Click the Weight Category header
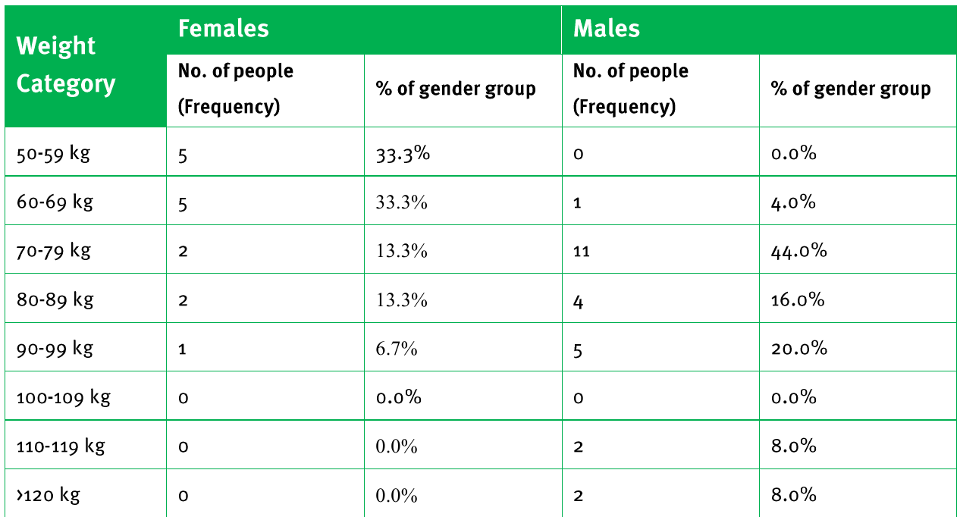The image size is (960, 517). (x=65, y=65)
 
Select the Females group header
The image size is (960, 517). (x=223, y=29)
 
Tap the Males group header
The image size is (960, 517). (x=607, y=29)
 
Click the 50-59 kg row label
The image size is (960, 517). (x=53, y=154)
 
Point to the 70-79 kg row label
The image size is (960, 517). (x=54, y=251)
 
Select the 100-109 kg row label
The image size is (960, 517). (x=64, y=397)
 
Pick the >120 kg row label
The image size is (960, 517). (x=48, y=495)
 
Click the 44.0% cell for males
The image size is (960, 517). (x=798, y=251)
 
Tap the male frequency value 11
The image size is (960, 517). (x=581, y=252)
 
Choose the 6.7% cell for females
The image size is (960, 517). (x=397, y=349)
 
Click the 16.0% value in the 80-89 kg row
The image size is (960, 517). (x=798, y=300)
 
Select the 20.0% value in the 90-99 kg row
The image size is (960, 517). (x=798, y=349)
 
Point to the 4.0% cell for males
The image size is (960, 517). (x=793, y=202)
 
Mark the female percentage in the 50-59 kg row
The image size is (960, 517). (x=403, y=154)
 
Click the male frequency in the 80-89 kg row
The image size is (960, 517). (x=578, y=302)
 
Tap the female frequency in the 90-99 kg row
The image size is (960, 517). (x=182, y=349)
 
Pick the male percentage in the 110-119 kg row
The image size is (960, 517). (x=794, y=446)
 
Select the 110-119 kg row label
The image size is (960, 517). (x=61, y=446)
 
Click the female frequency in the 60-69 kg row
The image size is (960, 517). (x=183, y=205)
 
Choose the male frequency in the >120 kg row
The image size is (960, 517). (x=578, y=496)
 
